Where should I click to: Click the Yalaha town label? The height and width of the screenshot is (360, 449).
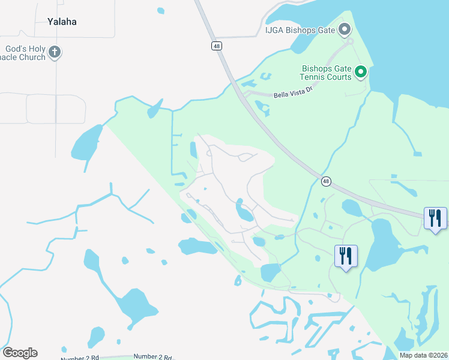(62, 22)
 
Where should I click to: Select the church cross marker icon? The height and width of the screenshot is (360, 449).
(55, 52)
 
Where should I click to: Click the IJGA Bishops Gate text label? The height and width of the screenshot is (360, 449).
(300, 29)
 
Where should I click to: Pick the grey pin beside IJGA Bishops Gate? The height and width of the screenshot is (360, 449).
(344, 28)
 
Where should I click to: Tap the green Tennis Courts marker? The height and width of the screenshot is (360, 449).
(361, 73)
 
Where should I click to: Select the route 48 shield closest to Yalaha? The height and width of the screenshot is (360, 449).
(215, 46)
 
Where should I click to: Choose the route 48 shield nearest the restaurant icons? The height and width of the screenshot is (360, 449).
(326, 181)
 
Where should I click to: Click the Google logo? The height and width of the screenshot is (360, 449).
(20, 352)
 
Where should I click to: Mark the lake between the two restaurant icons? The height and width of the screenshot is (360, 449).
(382, 243)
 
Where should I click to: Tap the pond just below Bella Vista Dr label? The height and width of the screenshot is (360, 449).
(262, 108)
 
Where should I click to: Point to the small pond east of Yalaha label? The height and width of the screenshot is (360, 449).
(160, 10)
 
